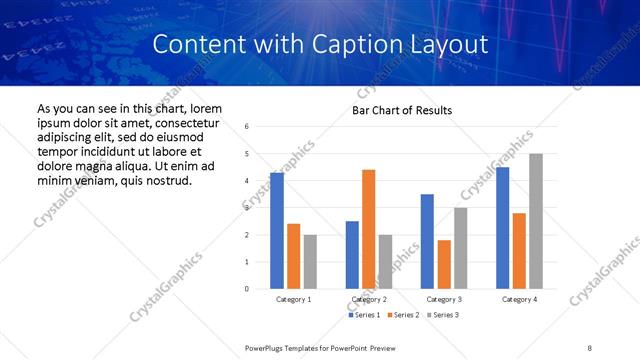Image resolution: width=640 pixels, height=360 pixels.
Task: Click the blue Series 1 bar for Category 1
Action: [x=277, y=231]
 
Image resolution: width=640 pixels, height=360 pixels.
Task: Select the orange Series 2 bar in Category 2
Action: [x=368, y=229]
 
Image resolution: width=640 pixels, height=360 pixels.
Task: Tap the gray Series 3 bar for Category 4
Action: [x=536, y=221]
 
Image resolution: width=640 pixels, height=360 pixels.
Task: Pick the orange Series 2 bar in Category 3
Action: [x=444, y=264]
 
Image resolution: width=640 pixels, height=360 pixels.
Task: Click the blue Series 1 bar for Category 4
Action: [x=502, y=228]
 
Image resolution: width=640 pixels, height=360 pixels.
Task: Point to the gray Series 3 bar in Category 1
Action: [x=310, y=262]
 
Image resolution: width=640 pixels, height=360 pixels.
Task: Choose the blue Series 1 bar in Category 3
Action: [x=427, y=241]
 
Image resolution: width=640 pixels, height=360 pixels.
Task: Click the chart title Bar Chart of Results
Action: [x=402, y=110]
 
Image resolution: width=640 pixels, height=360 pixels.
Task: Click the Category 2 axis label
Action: [x=369, y=300]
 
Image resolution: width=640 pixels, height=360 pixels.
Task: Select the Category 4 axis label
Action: [x=519, y=300]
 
